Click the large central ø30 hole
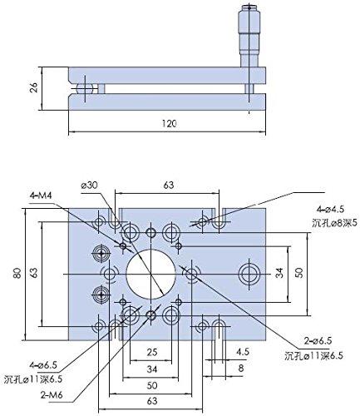(150, 272)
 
